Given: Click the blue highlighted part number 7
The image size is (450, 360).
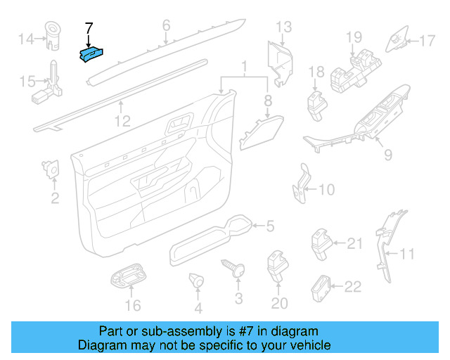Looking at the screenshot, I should tap(93, 54).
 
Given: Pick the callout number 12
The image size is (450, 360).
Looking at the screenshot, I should tap(122, 122).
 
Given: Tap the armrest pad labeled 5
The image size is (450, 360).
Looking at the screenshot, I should tap(211, 239).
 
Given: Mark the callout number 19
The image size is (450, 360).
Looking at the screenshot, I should tap(353, 35).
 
